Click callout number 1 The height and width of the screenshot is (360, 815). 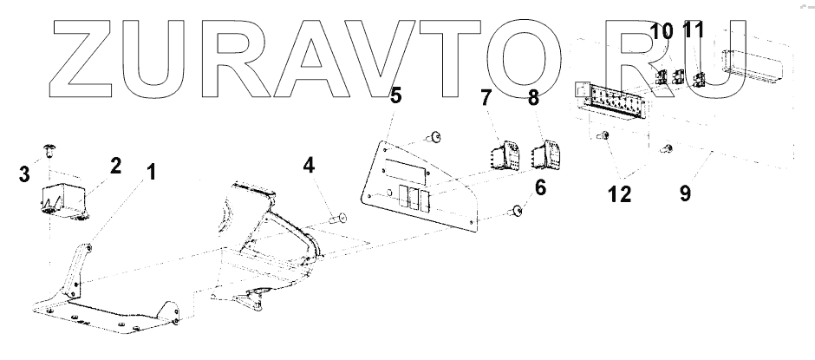[x=152, y=172]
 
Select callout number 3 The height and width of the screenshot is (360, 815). [x=25, y=173]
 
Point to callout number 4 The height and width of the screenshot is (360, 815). [x=310, y=164]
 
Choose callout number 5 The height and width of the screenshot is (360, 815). [x=395, y=95]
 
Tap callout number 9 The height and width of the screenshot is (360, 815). [x=685, y=194]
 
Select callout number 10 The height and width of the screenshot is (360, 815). [x=662, y=32]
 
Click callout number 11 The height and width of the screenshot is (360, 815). [x=692, y=32]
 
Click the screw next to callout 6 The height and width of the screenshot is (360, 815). [x=516, y=209]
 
